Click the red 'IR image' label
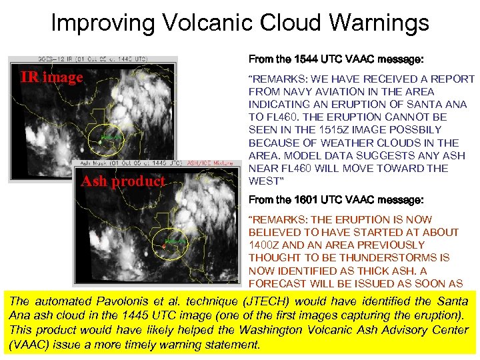click(x=51, y=77)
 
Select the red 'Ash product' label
click(x=123, y=181)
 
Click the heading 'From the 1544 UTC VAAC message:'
click(x=335, y=59)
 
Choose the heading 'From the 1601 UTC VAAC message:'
click(x=335, y=199)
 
